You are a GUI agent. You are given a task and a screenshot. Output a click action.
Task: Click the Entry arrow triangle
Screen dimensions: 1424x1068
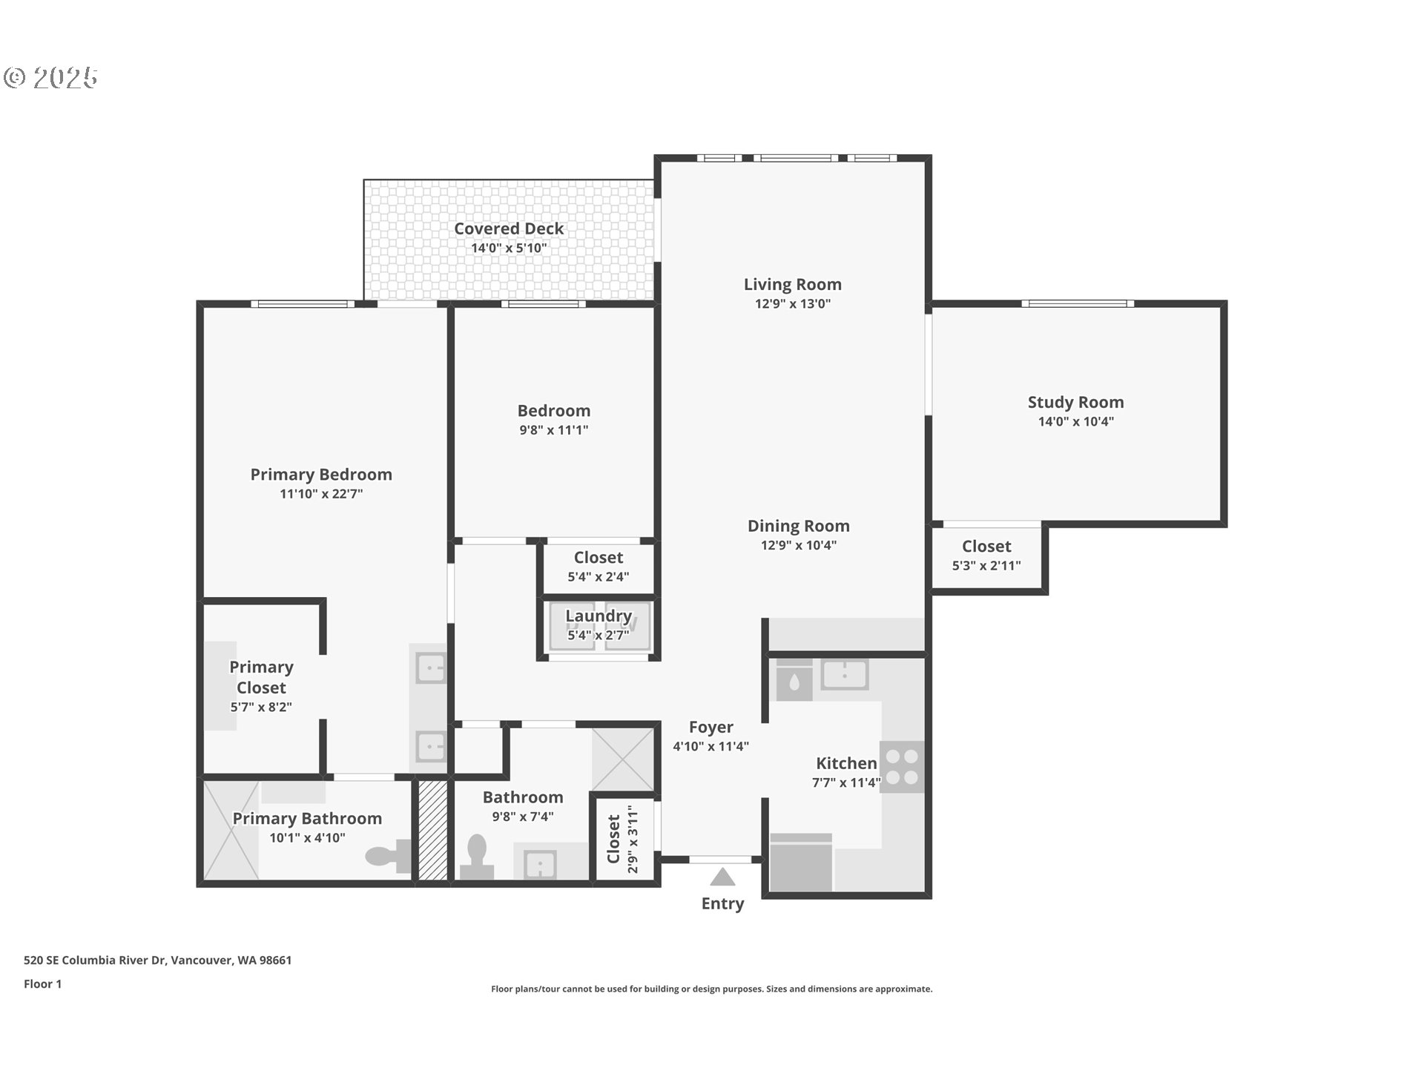(722, 877)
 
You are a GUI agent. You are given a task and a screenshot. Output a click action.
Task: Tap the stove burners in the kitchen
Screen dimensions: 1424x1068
(902, 767)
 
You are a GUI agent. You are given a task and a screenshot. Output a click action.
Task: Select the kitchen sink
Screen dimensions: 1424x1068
(844, 675)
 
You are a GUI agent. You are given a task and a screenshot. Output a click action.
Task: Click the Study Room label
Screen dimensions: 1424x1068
(1075, 402)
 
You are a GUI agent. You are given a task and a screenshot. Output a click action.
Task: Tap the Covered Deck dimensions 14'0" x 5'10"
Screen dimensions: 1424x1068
(509, 248)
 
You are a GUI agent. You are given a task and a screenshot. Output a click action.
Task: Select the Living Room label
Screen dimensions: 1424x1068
(793, 284)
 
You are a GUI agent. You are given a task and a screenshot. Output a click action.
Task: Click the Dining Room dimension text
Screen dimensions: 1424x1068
(799, 545)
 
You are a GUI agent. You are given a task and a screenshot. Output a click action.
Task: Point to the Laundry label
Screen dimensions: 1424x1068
(599, 616)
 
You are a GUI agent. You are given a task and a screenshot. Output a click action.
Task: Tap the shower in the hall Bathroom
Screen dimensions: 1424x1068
(622, 759)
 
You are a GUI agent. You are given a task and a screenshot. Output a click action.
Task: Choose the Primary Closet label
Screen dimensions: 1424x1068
(261, 677)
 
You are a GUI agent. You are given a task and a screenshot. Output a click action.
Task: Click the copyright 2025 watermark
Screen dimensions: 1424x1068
(50, 77)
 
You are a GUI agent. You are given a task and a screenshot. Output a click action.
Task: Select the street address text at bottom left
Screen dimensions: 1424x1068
(157, 960)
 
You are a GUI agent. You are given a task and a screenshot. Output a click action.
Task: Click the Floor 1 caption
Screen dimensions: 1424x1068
(42, 983)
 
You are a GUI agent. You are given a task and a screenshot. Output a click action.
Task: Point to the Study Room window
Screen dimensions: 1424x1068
(1078, 303)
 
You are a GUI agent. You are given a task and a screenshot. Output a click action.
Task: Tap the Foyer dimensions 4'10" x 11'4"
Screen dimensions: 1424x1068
(711, 746)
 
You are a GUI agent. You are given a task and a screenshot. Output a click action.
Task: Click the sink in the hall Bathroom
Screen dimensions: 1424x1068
(540, 863)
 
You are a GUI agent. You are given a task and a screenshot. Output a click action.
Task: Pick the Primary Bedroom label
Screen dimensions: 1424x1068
(321, 475)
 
